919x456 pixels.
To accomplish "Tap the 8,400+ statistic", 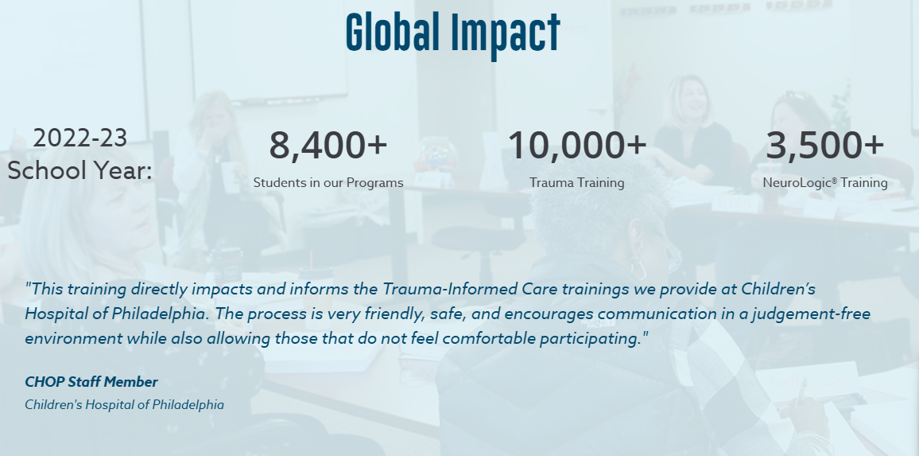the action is (x=328, y=145).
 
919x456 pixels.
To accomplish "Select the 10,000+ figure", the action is (x=576, y=145).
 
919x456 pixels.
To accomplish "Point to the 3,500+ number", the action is (x=824, y=145).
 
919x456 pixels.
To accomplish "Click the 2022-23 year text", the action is (x=79, y=138).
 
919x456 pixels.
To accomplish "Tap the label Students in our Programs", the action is (x=328, y=182).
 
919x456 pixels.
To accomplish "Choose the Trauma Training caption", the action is (x=576, y=182).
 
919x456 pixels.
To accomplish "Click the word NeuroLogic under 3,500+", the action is (x=797, y=182).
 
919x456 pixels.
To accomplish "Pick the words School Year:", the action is (x=79, y=171).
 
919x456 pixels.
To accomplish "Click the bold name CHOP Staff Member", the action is (x=91, y=382).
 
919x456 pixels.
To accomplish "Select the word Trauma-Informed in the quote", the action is (x=450, y=289).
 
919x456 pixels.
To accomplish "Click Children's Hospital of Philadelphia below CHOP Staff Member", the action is (x=124, y=405).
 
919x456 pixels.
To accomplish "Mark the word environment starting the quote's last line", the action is (x=74, y=339).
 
